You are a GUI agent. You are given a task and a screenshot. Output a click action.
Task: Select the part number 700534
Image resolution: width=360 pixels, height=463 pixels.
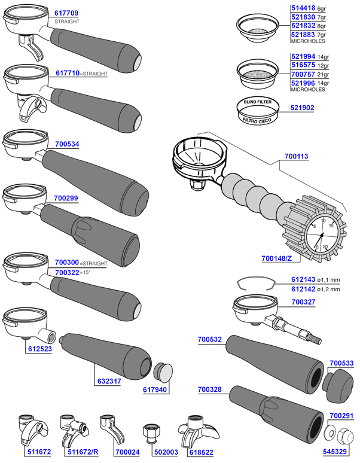pyautogui.click(x=66, y=144)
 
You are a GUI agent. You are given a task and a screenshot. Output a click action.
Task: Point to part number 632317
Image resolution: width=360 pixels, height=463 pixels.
pyautogui.click(x=108, y=380)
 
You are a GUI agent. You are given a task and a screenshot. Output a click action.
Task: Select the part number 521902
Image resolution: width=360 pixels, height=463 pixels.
pyautogui.click(x=303, y=108)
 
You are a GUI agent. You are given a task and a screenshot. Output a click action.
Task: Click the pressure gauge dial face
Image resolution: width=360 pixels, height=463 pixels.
pyautogui.click(x=322, y=234)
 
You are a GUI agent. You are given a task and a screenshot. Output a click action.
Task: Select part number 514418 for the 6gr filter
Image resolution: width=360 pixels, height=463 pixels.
pyautogui.click(x=302, y=9)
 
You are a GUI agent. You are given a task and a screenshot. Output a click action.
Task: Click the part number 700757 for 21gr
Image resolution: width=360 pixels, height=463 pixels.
pyautogui.click(x=302, y=74)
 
